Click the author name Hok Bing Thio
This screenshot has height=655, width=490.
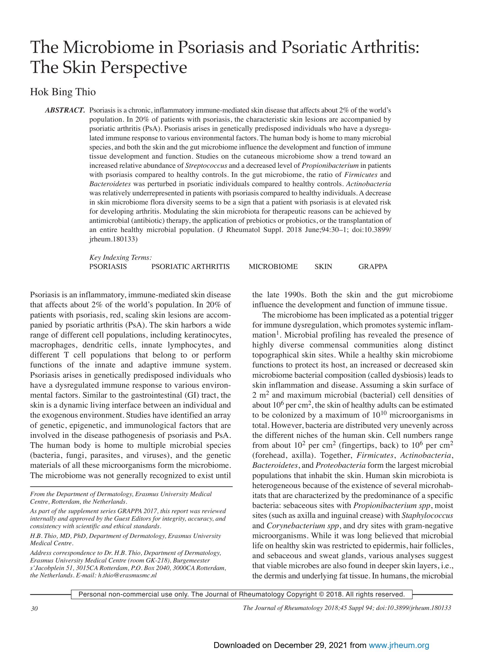(x=63, y=92)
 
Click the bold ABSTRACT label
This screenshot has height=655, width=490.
(x=65, y=110)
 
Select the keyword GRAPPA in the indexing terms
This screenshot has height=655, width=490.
(x=372, y=267)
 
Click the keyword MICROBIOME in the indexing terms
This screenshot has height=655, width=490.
(x=273, y=267)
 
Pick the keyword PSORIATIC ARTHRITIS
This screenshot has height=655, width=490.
(x=190, y=267)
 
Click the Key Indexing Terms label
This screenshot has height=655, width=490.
(x=120, y=257)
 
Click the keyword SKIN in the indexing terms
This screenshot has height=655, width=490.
(x=323, y=267)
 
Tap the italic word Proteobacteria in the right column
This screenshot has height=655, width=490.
(x=341, y=465)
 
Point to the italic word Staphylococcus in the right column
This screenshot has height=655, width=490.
(x=427, y=515)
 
